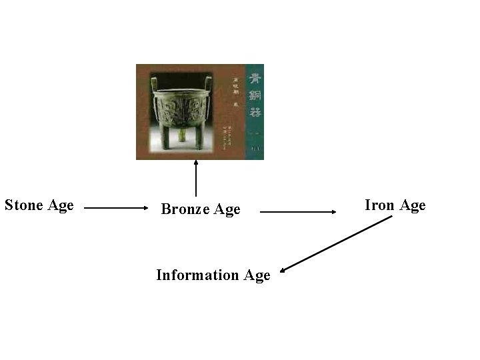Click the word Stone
25,205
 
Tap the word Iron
379,205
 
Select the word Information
197,275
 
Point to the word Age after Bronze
227,210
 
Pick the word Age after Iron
412,205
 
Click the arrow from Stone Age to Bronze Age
116,208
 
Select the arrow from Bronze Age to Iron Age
298,212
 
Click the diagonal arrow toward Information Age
337,244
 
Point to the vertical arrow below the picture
196,178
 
